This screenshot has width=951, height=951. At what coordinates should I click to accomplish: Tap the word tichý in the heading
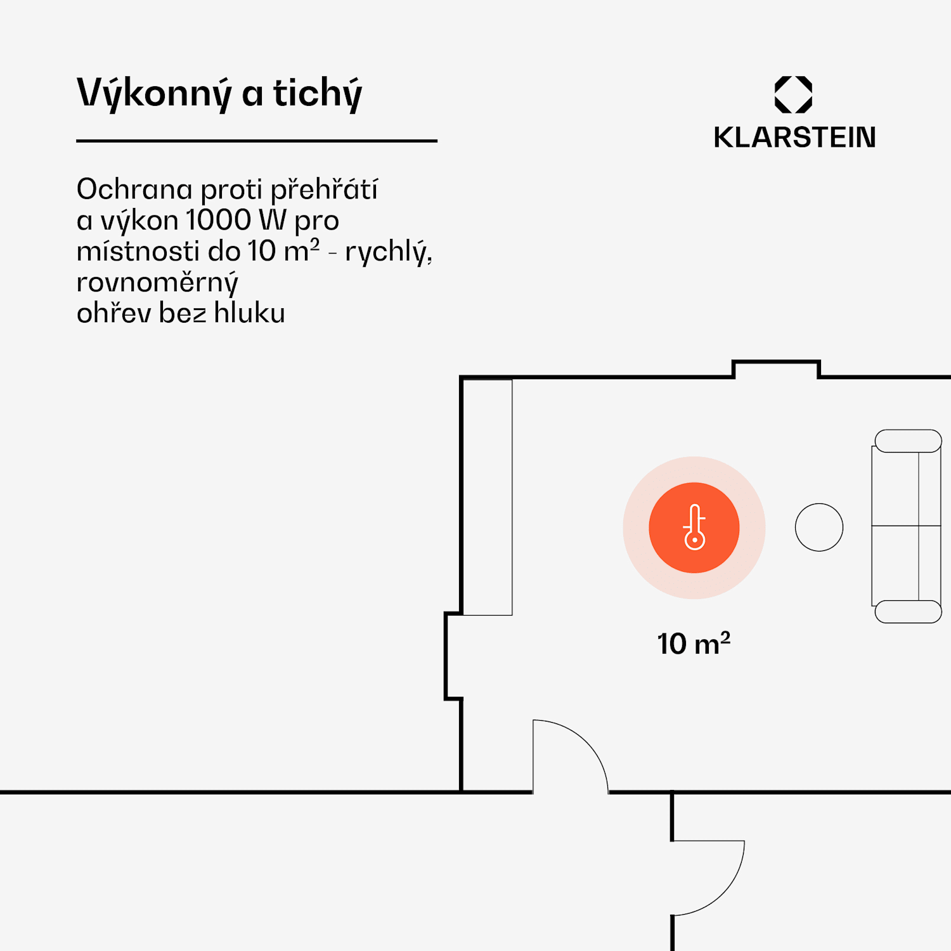tap(318, 93)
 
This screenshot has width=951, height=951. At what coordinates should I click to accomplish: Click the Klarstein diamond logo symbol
tap(793, 94)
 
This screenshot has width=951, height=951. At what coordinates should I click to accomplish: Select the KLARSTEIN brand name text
tap(794, 138)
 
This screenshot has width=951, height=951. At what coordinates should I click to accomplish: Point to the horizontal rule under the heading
tap(257, 141)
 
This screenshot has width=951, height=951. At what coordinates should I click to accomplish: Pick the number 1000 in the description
tap(219, 220)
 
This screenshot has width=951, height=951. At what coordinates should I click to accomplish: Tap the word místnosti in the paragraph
tap(138, 251)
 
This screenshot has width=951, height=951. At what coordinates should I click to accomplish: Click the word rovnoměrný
tap(157, 282)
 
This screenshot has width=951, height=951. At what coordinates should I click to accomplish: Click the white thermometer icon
tap(694, 527)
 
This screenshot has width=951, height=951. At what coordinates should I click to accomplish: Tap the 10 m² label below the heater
tap(694, 644)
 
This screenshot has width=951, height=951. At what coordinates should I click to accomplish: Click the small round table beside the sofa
tap(818, 527)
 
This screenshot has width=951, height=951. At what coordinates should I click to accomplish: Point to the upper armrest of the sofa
tap(908, 441)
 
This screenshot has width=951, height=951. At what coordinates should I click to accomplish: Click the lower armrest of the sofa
tap(908, 612)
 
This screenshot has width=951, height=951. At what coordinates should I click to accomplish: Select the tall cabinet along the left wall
tap(487, 497)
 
